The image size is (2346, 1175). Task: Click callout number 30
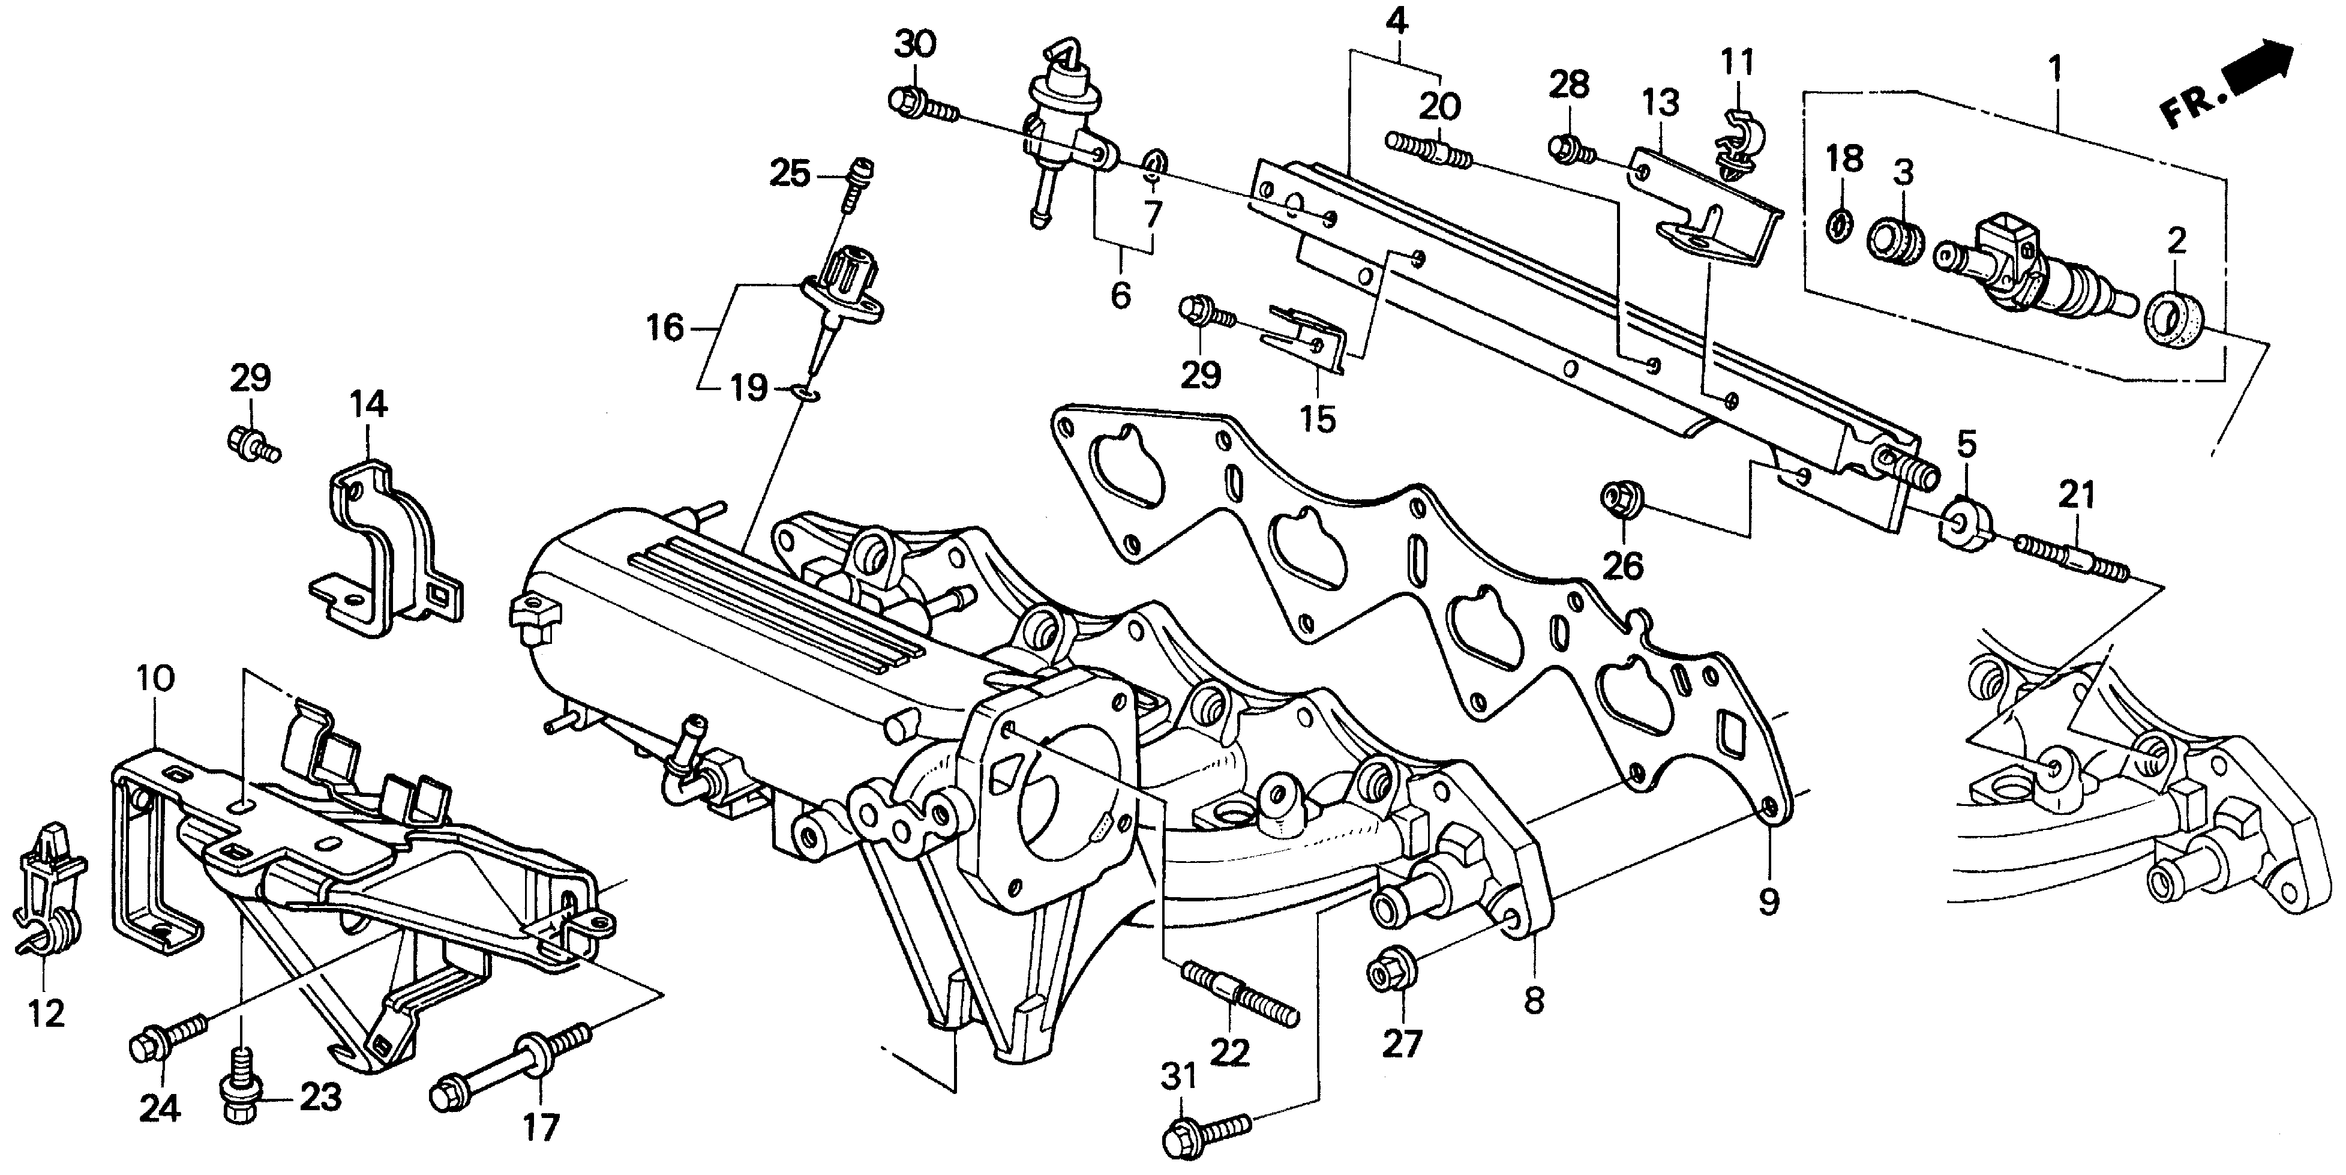[914, 44]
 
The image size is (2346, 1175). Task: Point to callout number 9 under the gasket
[1768, 902]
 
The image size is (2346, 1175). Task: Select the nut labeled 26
[1619, 500]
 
